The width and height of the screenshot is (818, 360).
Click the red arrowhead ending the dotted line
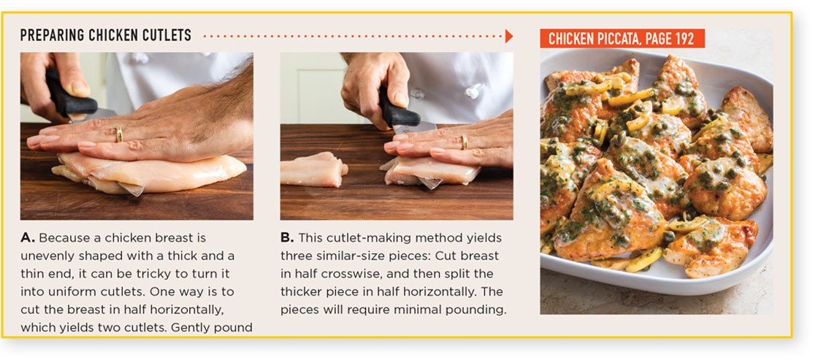point(509,36)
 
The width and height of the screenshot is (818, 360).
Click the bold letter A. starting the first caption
point(28,238)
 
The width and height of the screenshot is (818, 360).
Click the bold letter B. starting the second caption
point(287,238)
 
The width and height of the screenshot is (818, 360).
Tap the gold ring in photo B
point(463,142)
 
